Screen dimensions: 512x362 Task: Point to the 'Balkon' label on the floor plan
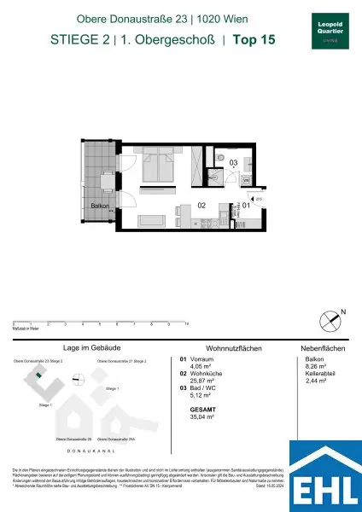[x=101, y=204]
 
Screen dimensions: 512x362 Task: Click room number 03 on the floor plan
[x=231, y=162]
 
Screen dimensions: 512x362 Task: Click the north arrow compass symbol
[x=328, y=318]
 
